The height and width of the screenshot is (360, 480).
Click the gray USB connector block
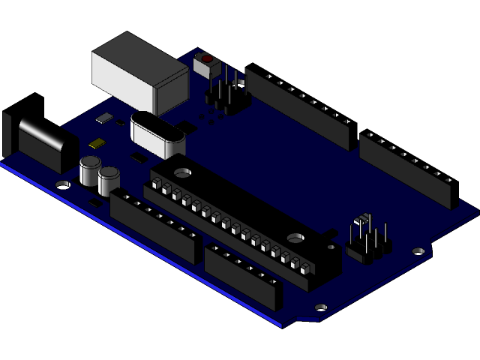139,71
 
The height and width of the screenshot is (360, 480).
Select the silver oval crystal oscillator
157,133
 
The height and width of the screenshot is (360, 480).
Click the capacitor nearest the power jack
91,171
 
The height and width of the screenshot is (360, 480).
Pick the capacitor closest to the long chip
109,181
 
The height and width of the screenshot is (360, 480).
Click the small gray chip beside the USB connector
103,118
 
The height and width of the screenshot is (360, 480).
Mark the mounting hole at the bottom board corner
321,307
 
